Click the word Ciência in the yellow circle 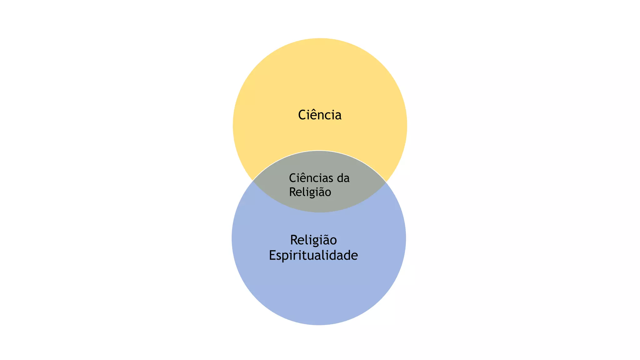click(320, 115)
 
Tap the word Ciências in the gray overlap click(311, 178)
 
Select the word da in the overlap click(343, 178)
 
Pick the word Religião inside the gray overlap click(310, 192)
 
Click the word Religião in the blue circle click(313, 240)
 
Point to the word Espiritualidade click(313, 256)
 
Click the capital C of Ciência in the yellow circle click(302, 115)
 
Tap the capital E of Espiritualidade click(272, 255)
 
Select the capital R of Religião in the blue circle click(294, 240)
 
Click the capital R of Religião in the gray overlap click(292, 192)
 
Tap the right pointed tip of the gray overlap click(386, 182)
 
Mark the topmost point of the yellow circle click(320, 38)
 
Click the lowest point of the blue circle click(319, 325)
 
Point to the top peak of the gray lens click(319, 151)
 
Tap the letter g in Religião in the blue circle click(313, 242)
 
